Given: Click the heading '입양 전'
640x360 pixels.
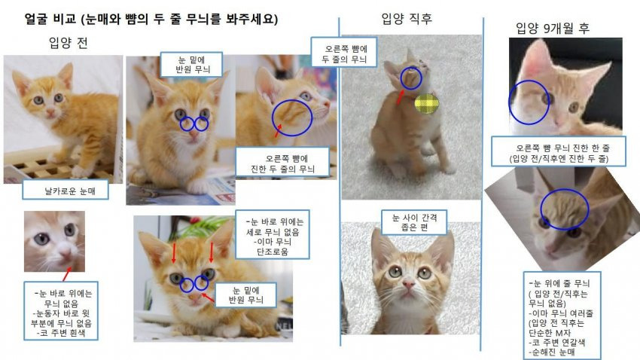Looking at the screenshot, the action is pyautogui.click(x=69, y=42).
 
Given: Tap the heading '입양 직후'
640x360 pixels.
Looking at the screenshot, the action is pyautogui.click(x=407, y=18).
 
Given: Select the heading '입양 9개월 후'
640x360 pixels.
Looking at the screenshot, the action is pyautogui.click(x=553, y=28).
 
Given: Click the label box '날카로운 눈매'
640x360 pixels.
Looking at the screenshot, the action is pyautogui.click(x=66, y=191).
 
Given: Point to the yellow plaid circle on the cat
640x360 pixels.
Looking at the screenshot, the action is pyautogui.click(x=426, y=104).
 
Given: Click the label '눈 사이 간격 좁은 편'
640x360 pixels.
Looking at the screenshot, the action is pyautogui.click(x=414, y=222).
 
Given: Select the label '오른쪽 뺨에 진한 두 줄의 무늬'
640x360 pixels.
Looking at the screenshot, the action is pyautogui.click(x=282, y=163).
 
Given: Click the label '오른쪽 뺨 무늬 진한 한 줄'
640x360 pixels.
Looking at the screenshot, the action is pyautogui.click(x=559, y=151).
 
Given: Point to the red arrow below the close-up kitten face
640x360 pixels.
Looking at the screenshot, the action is pyautogui.click(x=67, y=274).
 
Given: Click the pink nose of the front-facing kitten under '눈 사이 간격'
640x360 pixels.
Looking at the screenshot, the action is pyautogui.click(x=409, y=283).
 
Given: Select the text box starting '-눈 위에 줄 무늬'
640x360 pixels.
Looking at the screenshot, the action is pyautogui.click(x=562, y=316).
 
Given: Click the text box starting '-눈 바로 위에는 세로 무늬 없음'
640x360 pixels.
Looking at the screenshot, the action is pyautogui.click(x=273, y=234).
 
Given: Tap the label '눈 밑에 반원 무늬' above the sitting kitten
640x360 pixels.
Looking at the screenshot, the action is pyautogui.click(x=191, y=64).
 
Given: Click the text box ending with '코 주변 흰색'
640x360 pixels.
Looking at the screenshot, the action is pyautogui.click(x=61, y=310).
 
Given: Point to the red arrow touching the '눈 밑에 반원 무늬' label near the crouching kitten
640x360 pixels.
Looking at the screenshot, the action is pyautogui.click(x=208, y=297).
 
